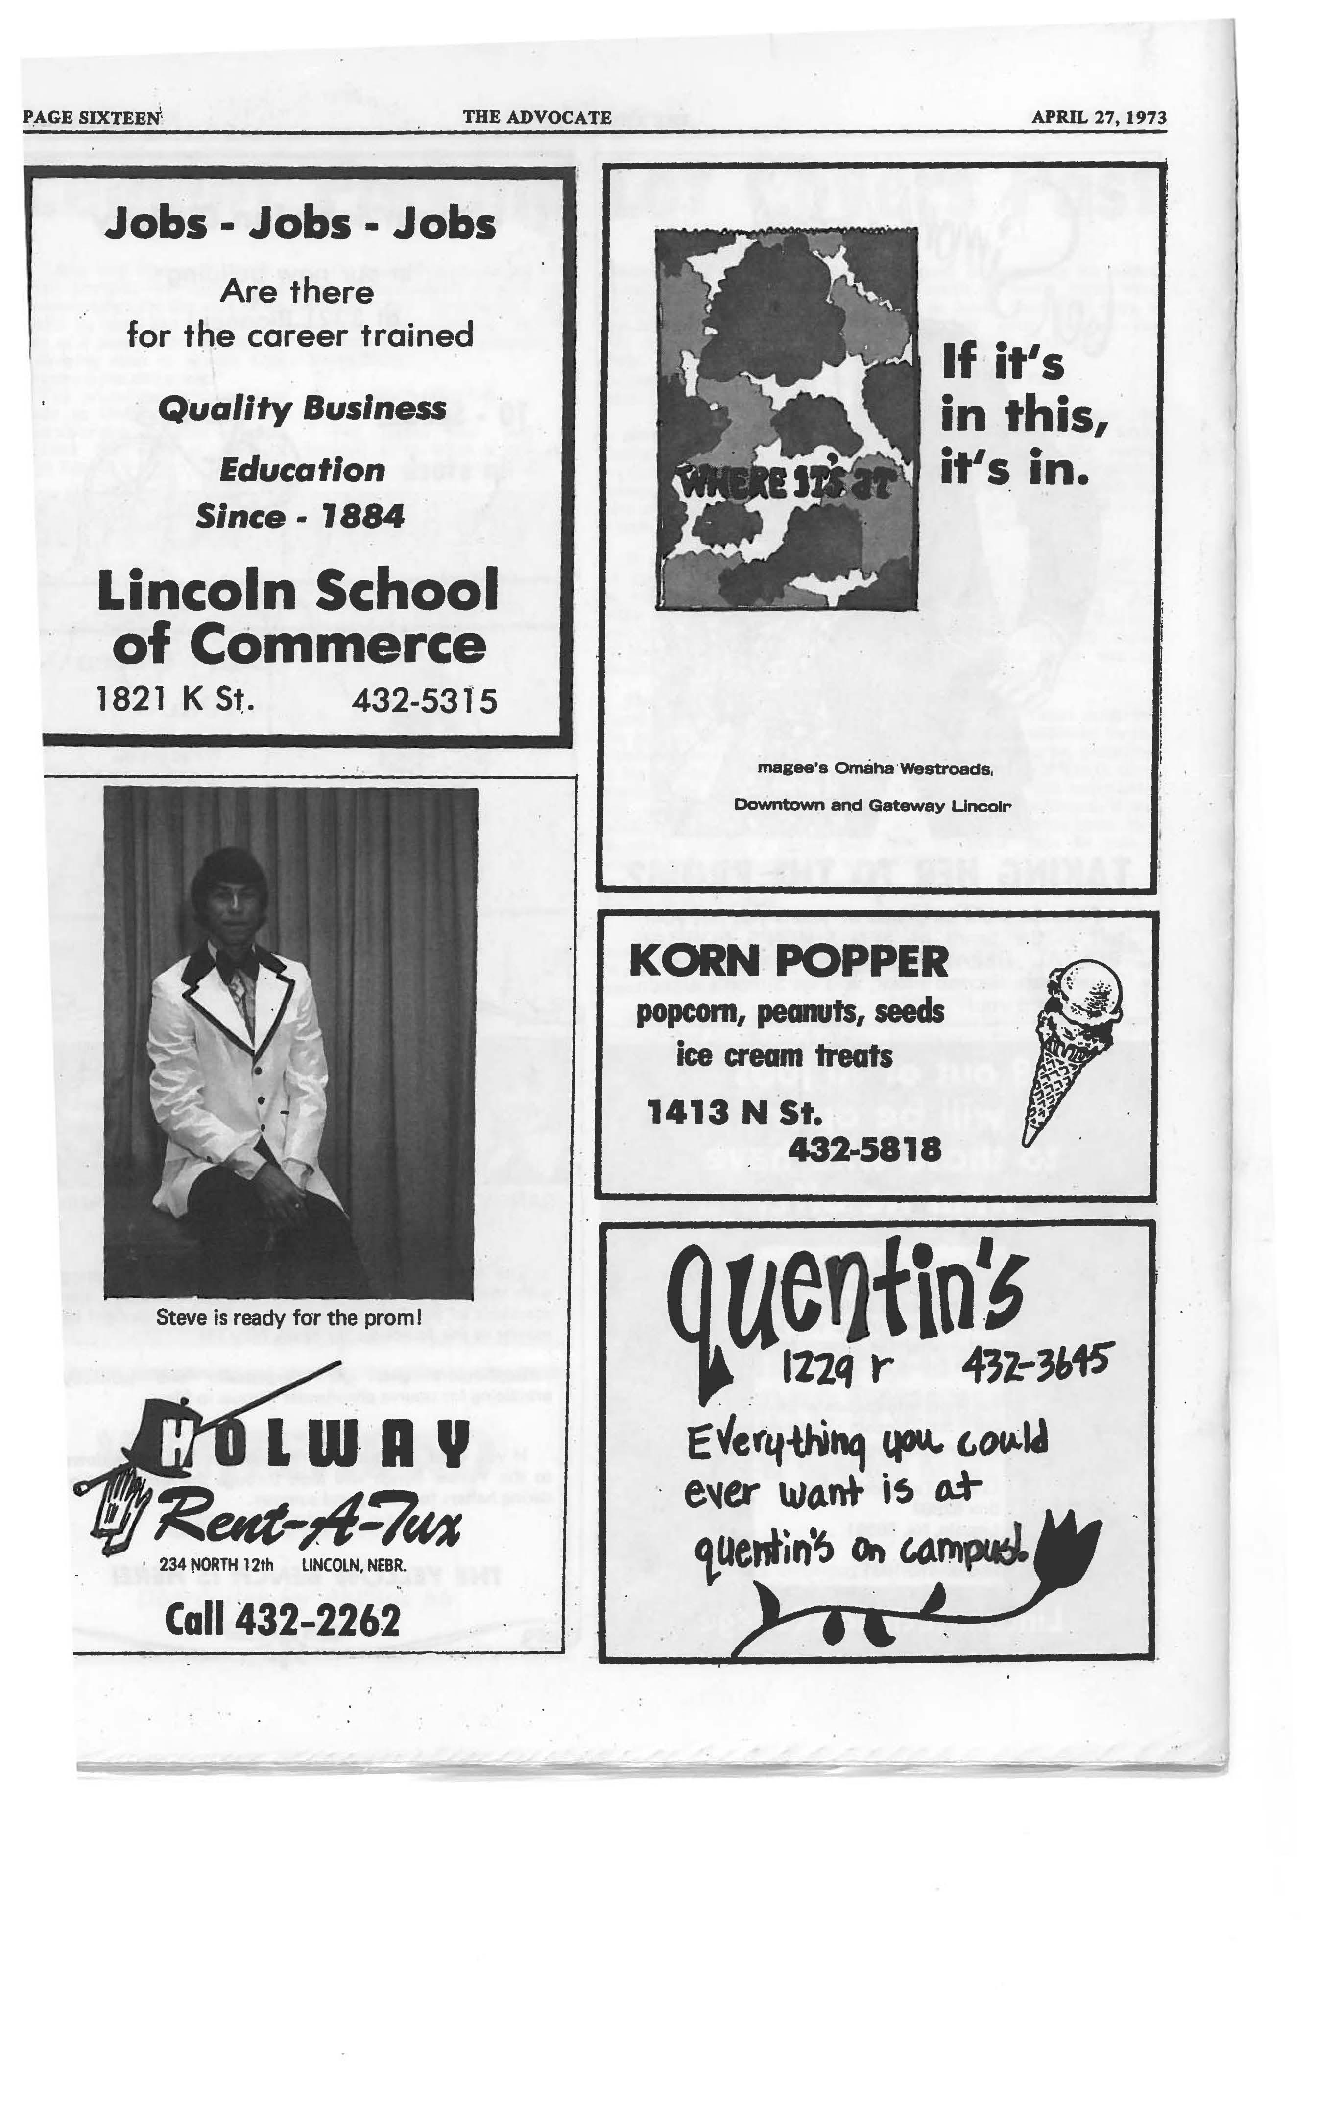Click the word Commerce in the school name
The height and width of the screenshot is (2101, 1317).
(299, 645)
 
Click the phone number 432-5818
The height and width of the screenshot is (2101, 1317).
(864, 1149)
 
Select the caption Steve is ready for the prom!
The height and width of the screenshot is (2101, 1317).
(288, 1317)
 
